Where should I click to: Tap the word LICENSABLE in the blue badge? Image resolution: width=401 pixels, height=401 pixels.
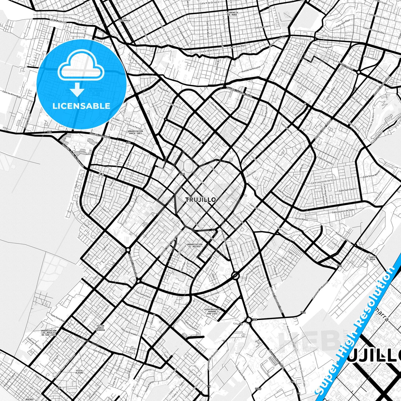tap(82, 106)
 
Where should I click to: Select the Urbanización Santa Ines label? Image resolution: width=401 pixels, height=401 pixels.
tap(135, 132)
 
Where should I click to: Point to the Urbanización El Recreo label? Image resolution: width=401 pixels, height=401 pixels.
tap(194, 245)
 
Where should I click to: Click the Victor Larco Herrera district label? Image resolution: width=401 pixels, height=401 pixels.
tap(100, 328)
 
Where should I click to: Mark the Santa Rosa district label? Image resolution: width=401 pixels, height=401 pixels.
tap(372, 258)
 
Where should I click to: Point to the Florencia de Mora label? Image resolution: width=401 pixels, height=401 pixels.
tap(232, 13)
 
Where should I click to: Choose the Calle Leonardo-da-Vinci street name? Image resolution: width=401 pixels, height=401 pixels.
tap(324, 181)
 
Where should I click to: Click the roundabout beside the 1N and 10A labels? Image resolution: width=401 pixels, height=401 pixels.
tap(248, 320)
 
